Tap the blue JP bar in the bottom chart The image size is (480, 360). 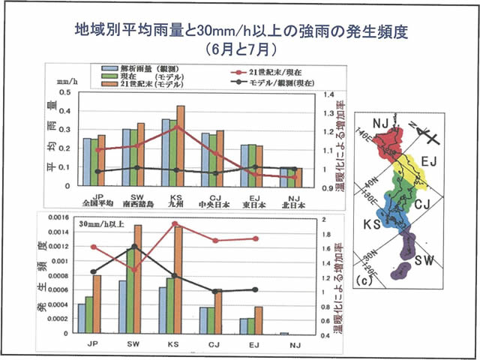(81, 319)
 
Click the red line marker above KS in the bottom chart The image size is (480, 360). (174, 223)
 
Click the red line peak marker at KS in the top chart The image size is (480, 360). (175, 127)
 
